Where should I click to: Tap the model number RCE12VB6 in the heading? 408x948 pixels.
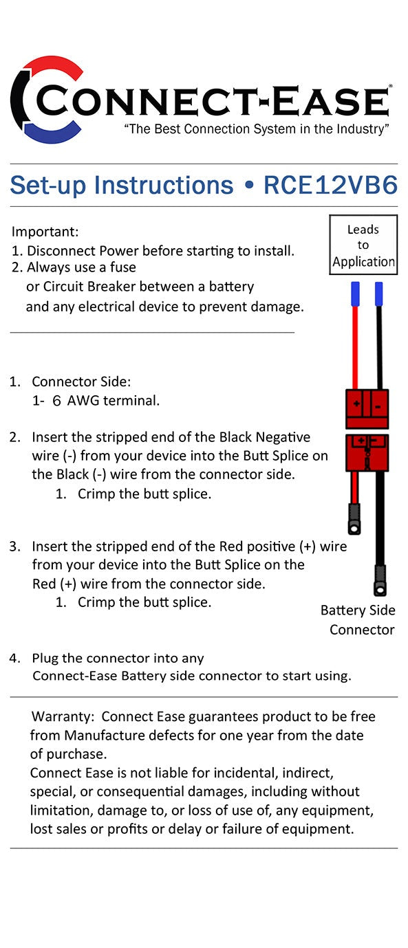click(330, 186)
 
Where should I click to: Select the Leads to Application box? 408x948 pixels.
click(363, 245)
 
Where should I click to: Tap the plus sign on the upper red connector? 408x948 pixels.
click(356, 405)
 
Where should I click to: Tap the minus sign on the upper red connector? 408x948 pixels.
click(378, 406)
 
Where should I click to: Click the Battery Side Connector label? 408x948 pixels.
click(359, 619)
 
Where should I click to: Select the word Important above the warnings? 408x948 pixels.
click(45, 232)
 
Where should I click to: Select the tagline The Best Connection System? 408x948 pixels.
click(256, 130)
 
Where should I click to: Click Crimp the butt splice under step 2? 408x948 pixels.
click(144, 494)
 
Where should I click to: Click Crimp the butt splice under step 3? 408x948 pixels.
click(144, 602)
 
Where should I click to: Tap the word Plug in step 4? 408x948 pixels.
click(45, 658)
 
